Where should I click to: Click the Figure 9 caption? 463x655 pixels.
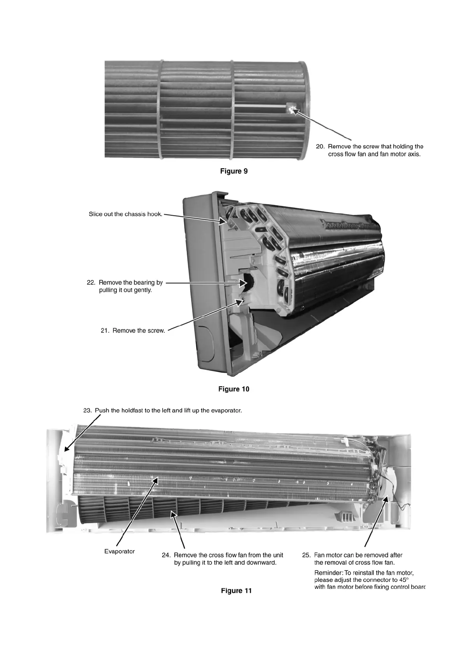pyautogui.click(x=234, y=171)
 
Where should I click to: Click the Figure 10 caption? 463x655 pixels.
pyautogui.click(x=234, y=389)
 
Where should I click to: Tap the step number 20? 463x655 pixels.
pyautogui.click(x=320, y=147)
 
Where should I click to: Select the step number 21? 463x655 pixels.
pyautogui.click(x=105, y=331)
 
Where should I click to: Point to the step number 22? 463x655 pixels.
pyautogui.click(x=91, y=283)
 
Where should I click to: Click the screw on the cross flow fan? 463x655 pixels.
pyautogui.click(x=291, y=109)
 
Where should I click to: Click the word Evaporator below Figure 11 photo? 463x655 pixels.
pyautogui.click(x=119, y=552)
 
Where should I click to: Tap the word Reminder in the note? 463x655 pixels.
pyautogui.click(x=328, y=573)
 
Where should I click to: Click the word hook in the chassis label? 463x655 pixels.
pyautogui.click(x=154, y=214)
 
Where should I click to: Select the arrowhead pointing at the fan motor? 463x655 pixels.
pyautogui.click(x=387, y=498)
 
